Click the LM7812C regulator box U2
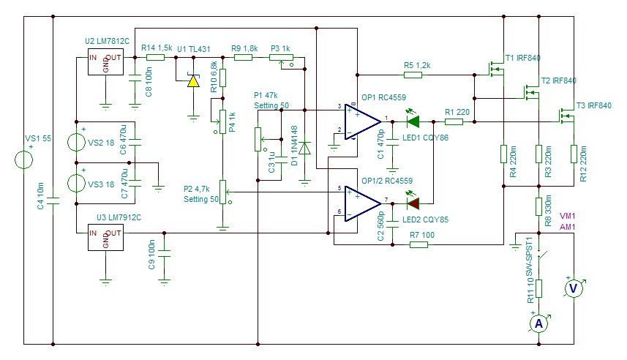pos(105,64)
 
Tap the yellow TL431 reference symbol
pos(192,80)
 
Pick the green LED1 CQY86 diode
pos(413,121)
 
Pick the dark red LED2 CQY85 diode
pos(413,203)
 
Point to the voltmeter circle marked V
pos(574,289)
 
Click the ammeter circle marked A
pos(538,323)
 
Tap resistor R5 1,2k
pos(418,75)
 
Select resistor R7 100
pos(418,244)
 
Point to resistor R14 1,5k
pos(155,56)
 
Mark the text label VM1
pos(567,217)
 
